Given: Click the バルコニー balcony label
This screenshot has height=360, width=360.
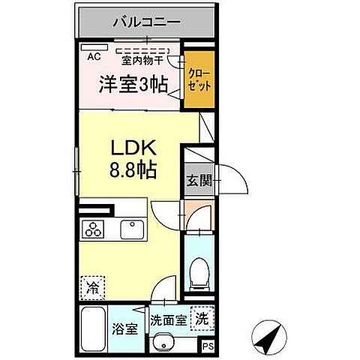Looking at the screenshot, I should [x=146, y=22].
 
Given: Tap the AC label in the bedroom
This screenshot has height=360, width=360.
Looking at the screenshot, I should [x=94, y=55].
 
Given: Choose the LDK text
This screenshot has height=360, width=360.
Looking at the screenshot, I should [x=132, y=147].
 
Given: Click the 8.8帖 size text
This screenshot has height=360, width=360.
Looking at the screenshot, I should [x=132, y=169].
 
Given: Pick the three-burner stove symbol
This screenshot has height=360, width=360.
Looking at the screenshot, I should [x=94, y=229].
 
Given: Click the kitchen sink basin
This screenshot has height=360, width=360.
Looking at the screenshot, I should [x=134, y=229].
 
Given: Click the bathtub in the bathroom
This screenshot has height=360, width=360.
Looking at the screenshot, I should [x=92, y=327].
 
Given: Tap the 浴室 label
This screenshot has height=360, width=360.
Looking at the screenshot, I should [x=124, y=329].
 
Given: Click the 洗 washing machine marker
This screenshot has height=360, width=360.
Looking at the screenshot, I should [x=201, y=317].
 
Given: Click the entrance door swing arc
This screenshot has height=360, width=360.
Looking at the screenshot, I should [x=234, y=180].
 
